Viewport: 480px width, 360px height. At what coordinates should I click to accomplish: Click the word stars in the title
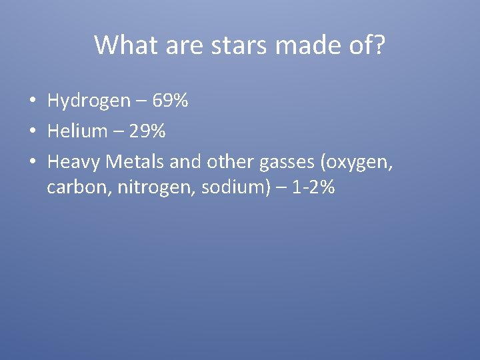point(229,45)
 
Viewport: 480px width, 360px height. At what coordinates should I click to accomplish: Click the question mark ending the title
point(379,45)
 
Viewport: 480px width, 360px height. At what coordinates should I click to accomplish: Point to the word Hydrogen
point(89,101)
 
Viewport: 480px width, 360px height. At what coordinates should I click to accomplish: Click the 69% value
point(170,101)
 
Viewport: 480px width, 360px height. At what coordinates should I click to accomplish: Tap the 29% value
point(147,131)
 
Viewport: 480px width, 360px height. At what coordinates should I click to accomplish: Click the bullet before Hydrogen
point(31,101)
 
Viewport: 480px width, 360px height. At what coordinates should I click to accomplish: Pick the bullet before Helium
point(31,131)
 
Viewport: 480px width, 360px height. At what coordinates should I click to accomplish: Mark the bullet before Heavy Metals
point(31,161)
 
